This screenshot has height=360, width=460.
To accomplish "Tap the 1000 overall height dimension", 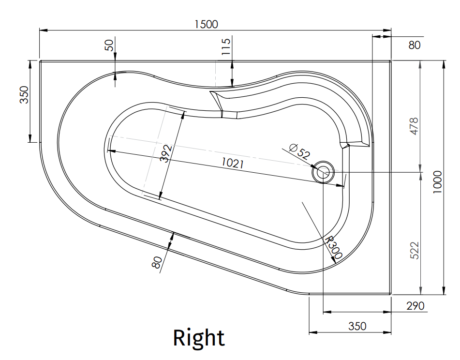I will point(437,181).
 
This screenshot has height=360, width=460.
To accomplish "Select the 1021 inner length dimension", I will point(232,163).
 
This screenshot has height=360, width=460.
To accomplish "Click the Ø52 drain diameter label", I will point(299,150).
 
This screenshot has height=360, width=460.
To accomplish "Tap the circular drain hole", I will point(323,172).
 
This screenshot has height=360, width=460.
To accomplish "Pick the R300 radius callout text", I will point(334,247).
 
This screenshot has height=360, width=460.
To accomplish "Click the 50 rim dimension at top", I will point(109,45).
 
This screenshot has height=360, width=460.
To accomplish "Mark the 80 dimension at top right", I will point(415,45).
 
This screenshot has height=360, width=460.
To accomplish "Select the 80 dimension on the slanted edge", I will point(157,262).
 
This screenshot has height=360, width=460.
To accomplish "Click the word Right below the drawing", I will point(199,338).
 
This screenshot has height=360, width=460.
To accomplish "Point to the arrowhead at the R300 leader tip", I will point(333,262).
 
